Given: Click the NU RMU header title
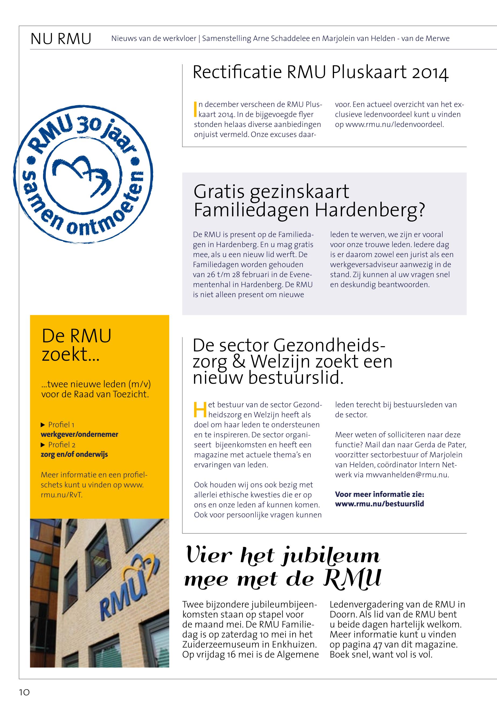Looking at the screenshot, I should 61,39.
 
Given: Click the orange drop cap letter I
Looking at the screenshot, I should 195,109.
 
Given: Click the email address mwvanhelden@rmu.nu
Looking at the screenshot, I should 407,475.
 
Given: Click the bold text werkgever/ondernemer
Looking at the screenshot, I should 79,434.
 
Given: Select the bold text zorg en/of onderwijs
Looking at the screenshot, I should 74,454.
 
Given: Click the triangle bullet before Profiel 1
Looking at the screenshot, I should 43,425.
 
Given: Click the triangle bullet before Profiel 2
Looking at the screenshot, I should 43,445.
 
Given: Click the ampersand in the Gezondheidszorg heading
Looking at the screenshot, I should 239,361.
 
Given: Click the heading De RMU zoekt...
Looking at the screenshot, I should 77,345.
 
